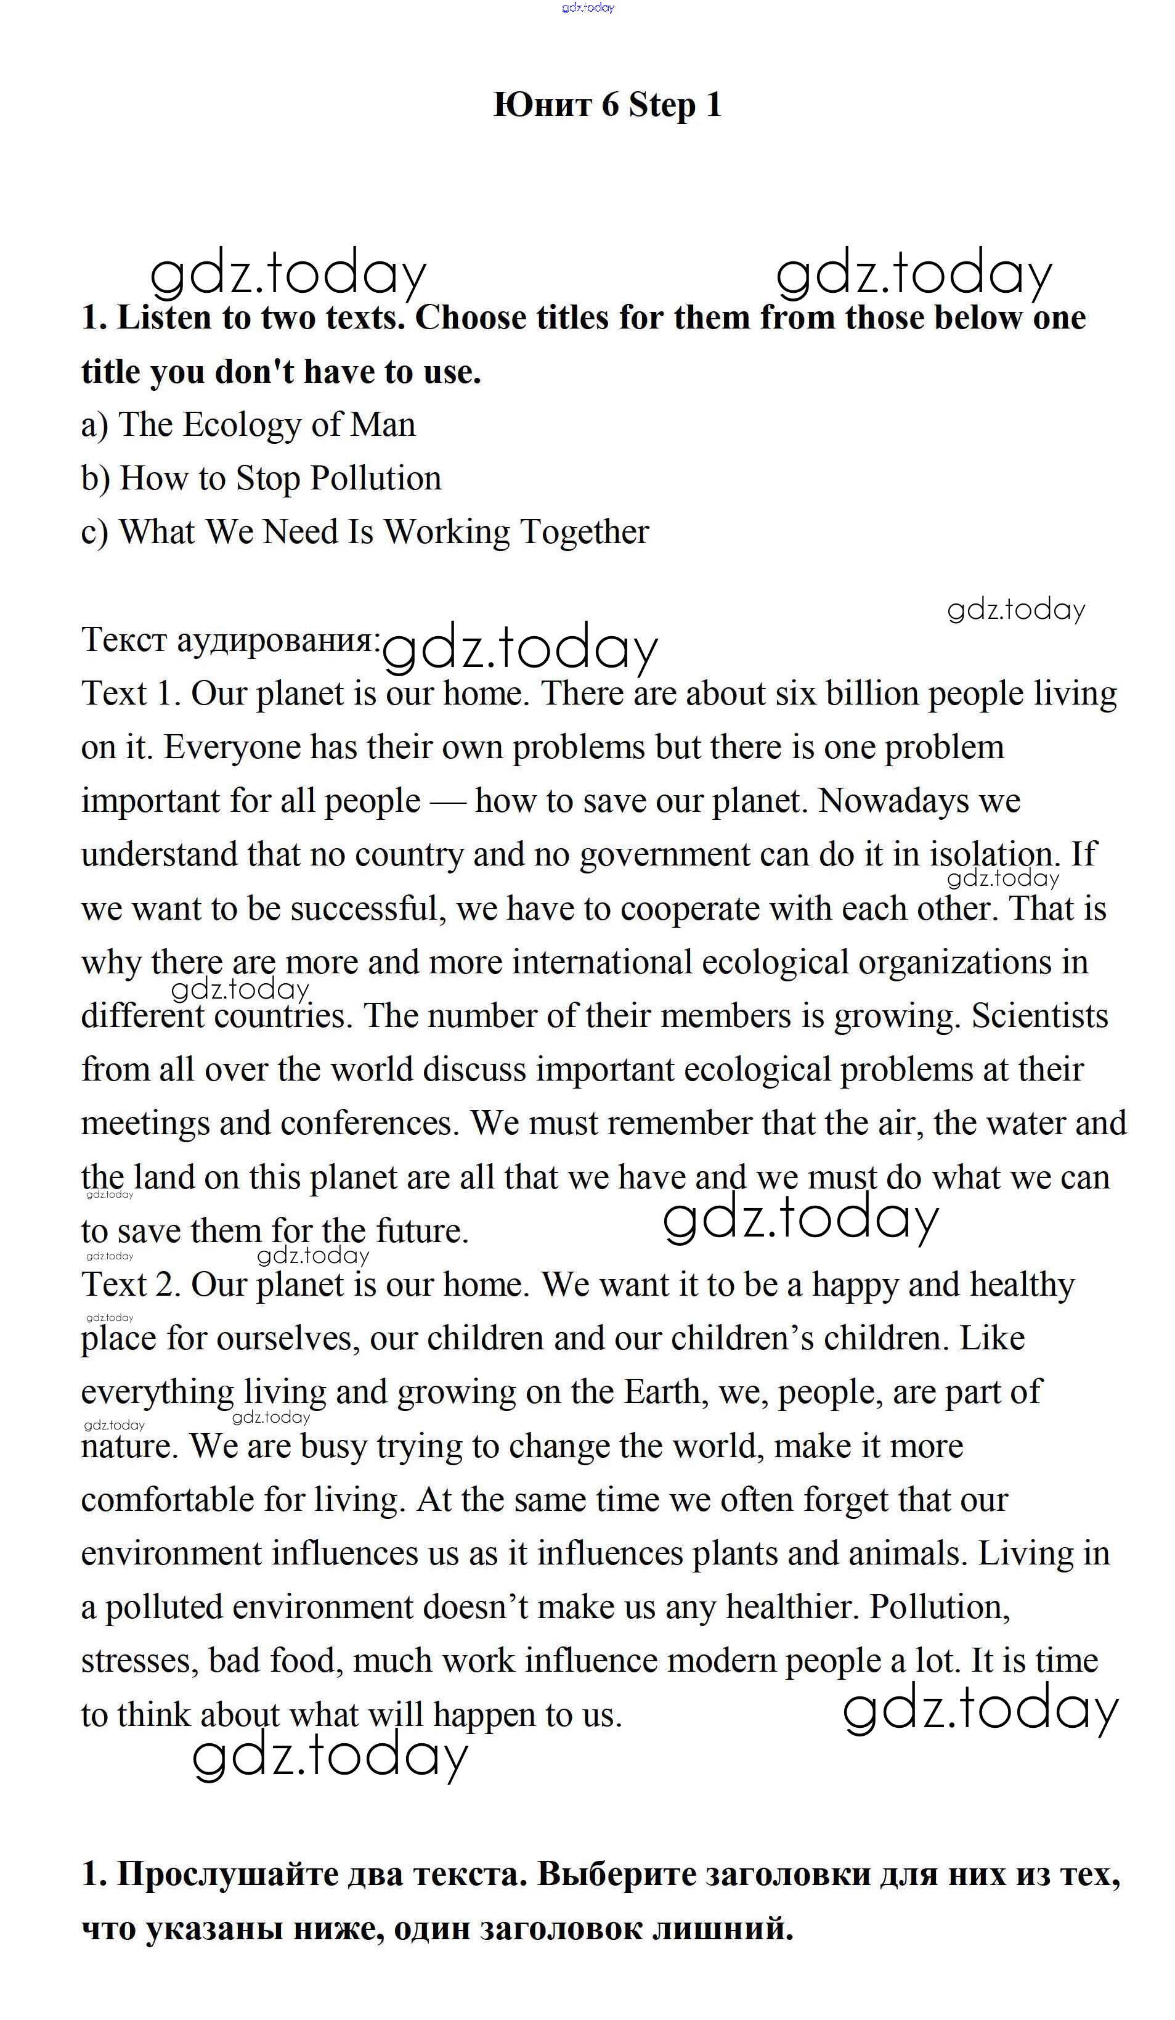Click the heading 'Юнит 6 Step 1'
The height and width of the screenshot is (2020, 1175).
(x=607, y=104)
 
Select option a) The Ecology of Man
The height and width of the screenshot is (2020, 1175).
(x=248, y=425)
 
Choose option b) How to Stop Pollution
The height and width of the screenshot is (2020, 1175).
(x=261, y=478)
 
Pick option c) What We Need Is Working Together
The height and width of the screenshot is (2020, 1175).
(x=365, y=532)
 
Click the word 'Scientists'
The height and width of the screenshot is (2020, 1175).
(x=1039, y=1016)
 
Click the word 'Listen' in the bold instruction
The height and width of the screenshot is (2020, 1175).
(x=165, y=318)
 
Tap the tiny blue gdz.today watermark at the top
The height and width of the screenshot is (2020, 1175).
(x=588, y=7)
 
